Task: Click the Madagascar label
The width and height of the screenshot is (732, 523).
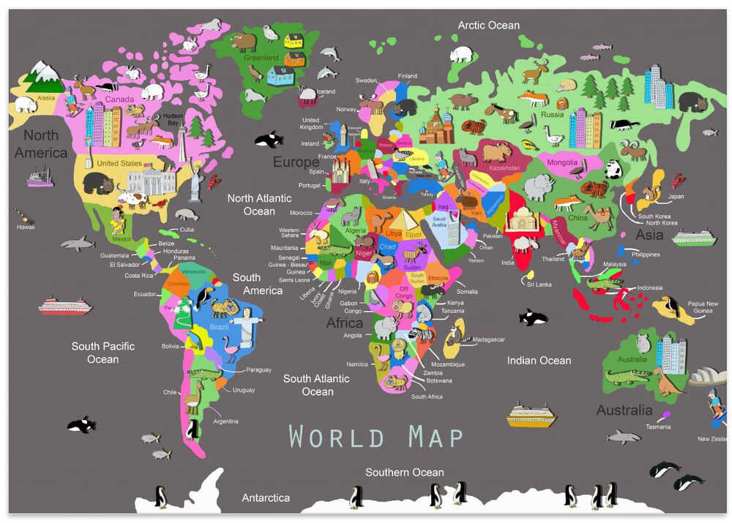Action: point(488,339)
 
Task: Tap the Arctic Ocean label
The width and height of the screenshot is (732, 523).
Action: point(488,26)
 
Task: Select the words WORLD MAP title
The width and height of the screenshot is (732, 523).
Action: point(376,437)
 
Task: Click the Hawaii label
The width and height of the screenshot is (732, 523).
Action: point(26,227)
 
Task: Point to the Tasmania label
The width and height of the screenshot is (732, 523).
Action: point(658,426)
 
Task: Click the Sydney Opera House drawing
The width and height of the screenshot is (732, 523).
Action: point(707,376)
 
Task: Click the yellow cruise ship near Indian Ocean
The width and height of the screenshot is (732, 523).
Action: point(531,415)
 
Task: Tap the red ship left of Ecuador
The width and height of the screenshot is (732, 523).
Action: point(65,306)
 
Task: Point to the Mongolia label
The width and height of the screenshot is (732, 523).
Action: point(562,162)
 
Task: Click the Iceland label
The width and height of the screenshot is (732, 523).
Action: point(325,91)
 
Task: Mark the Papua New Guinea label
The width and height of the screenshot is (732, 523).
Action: point(702,307)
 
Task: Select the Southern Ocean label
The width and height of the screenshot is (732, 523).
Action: point(404,472)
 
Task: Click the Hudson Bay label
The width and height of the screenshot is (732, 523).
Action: point(173,118)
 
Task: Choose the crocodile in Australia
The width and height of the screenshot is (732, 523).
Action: point(628,377)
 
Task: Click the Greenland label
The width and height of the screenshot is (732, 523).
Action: point(262,58)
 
